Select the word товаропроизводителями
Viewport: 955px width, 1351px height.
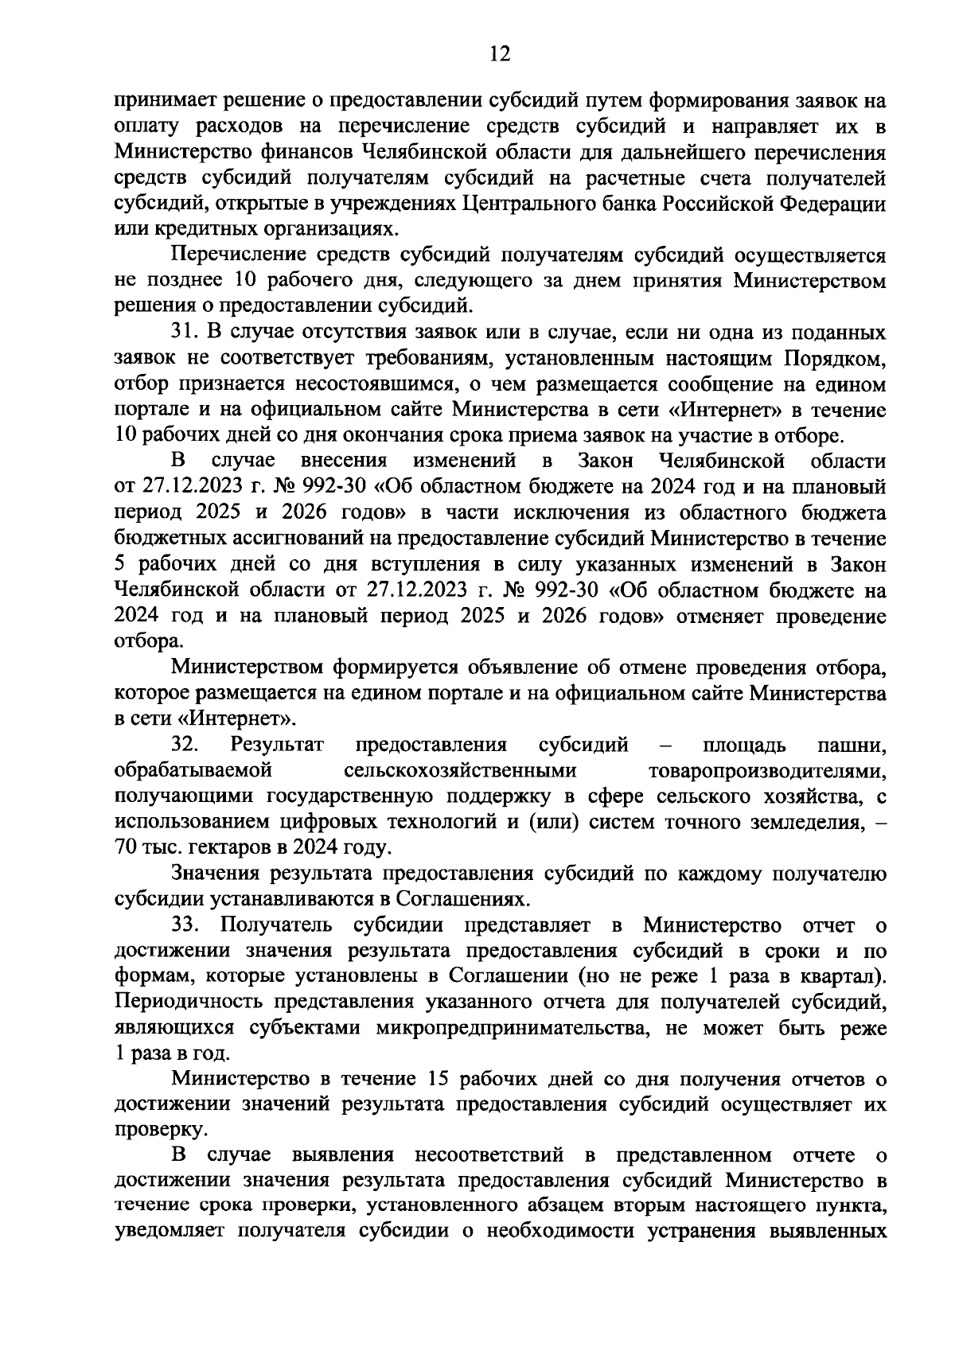[768, 770]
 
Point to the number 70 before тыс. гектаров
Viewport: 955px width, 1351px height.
[126, 848]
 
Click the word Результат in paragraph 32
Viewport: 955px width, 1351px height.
[277, 745]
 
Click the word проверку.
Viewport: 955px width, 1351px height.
[150, 1131]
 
